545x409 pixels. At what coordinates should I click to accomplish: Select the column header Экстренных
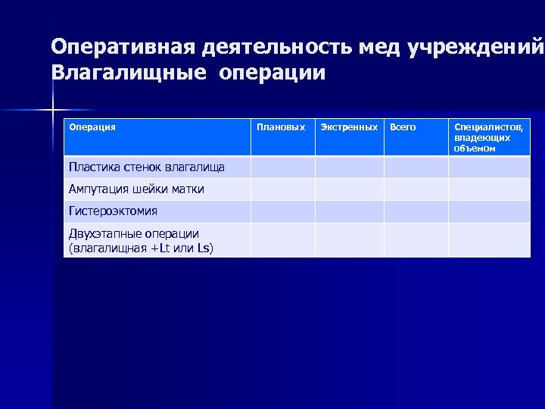tap(349, 127)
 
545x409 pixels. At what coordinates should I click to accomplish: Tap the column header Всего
tap(402, 127)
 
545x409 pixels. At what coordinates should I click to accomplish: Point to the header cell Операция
tap(92, 127)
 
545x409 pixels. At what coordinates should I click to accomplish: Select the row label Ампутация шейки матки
tap(136, 189)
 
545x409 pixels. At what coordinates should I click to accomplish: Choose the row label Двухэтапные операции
tap(134, 234)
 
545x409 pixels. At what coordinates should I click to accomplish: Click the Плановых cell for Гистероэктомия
tap(282, 211)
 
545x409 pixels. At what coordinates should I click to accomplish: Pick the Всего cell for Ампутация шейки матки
tap(416, 189)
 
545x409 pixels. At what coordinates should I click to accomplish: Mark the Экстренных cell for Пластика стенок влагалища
tap(349, 167)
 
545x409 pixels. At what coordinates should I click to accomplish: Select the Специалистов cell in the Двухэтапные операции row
tap(490, 240)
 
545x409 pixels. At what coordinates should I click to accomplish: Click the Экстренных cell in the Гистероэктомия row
tap(349, 211)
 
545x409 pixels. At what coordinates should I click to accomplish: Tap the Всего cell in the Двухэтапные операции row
tap(416, 240)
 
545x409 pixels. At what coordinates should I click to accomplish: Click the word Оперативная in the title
tap(123, 47)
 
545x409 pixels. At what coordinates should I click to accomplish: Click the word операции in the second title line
tap(273, 73)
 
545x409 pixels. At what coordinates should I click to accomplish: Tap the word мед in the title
tap(379, 47)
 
